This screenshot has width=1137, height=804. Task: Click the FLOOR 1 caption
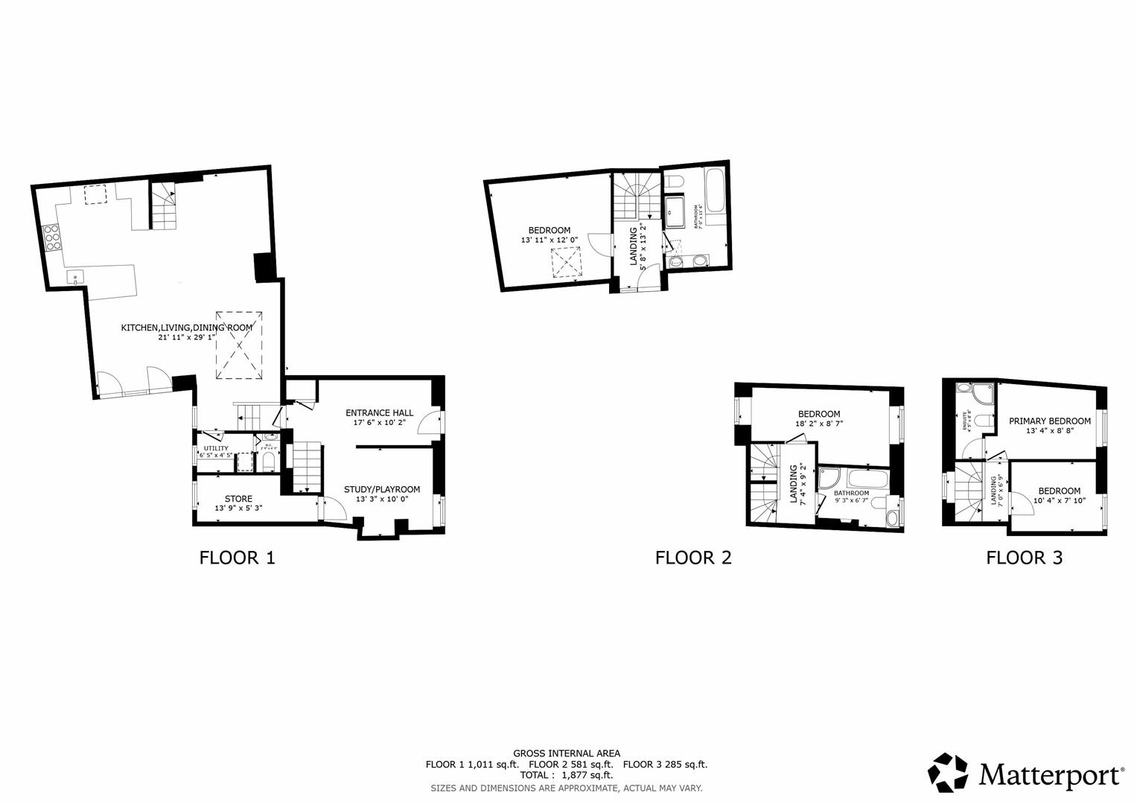(237, 557)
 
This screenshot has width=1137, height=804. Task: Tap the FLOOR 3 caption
(1024, 557)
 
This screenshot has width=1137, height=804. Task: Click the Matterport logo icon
(948, 773)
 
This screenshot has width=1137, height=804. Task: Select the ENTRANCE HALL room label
(379, 412)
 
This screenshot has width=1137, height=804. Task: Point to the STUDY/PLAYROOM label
(381, 489)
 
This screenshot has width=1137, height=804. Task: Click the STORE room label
(238, 499)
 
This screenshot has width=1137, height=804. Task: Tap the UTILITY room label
(216, 448)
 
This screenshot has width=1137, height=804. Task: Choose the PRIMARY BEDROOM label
(1049, 421)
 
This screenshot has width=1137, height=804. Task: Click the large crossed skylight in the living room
(239, 345)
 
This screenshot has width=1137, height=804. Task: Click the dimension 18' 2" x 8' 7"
(819, 424)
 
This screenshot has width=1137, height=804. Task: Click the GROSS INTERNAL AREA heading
(566, 753)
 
